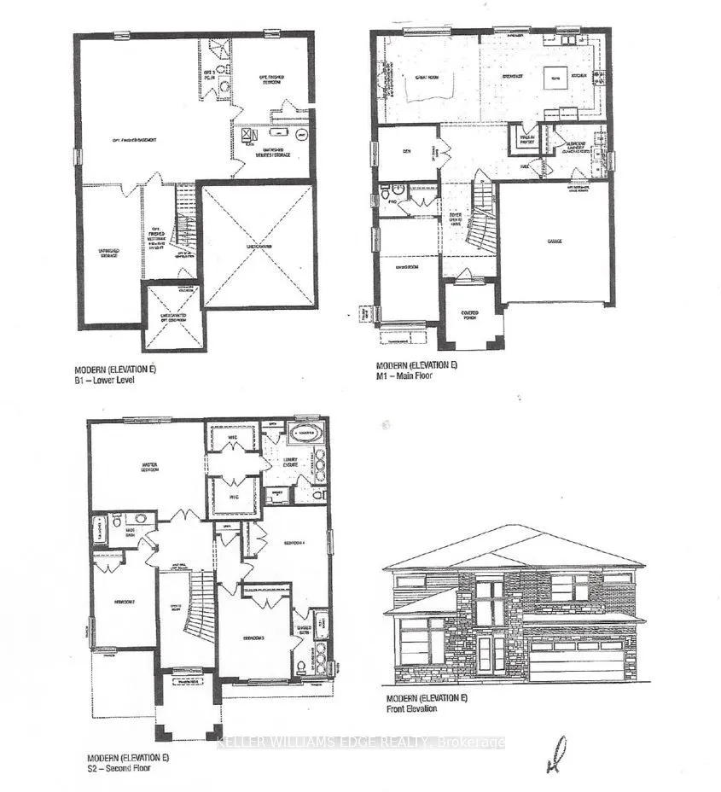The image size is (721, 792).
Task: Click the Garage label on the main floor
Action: [555, 242]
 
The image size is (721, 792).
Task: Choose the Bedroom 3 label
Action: [253, 638]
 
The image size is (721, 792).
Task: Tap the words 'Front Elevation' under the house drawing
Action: [412, 708]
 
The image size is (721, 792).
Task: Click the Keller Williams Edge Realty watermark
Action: [360, 742]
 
